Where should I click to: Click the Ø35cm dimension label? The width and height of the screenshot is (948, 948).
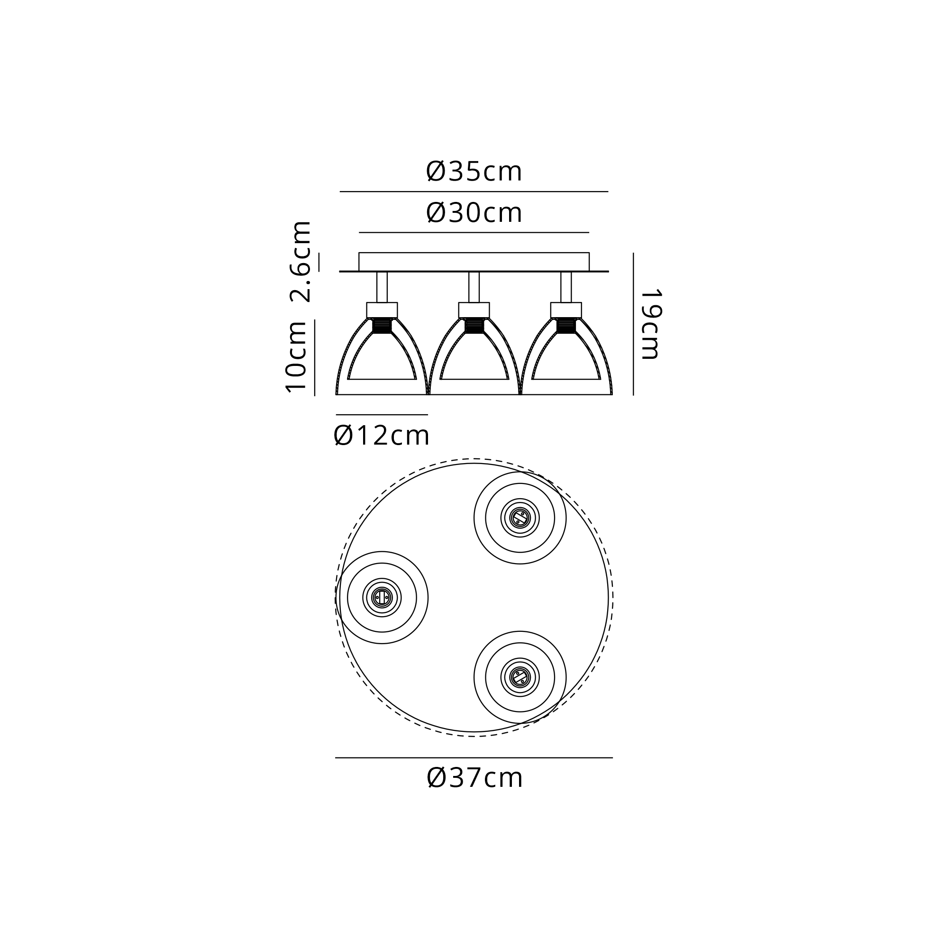(x=474, y=172)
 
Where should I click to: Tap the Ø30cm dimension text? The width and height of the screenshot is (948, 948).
(x=474, y=213)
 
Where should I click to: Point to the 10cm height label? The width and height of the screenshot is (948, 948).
(x=296, y=357)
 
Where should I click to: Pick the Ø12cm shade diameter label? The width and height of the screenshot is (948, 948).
(x=382, y=436)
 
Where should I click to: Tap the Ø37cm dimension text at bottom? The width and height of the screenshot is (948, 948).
(x=475, y=778)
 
